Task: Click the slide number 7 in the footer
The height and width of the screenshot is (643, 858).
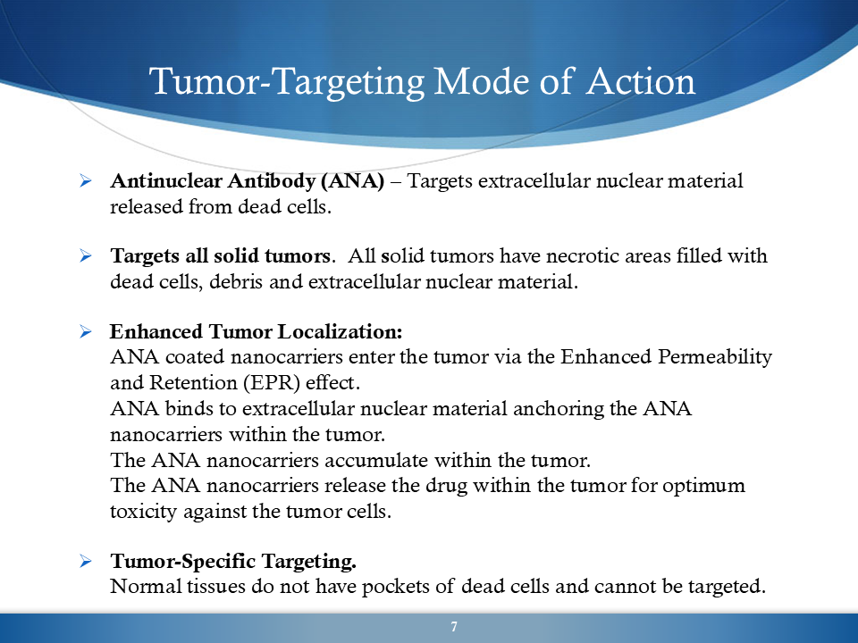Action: pos(454,627)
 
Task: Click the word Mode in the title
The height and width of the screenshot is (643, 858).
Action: pos(481,81)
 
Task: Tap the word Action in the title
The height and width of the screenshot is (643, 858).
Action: pos(640,81)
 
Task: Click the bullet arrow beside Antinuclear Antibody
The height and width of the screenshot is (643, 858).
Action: pos(86,180)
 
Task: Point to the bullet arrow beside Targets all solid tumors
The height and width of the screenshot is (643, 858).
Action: pos(86,255)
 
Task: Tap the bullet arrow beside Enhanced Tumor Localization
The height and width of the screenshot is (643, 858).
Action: pos(86,331)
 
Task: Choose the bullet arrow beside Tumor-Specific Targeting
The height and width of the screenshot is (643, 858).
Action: pos(86,561)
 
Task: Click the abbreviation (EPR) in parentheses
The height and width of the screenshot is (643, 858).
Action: pos(272,383)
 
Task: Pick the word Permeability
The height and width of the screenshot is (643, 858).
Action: pos(715,357)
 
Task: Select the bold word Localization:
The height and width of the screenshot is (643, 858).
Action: pos(340,331)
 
